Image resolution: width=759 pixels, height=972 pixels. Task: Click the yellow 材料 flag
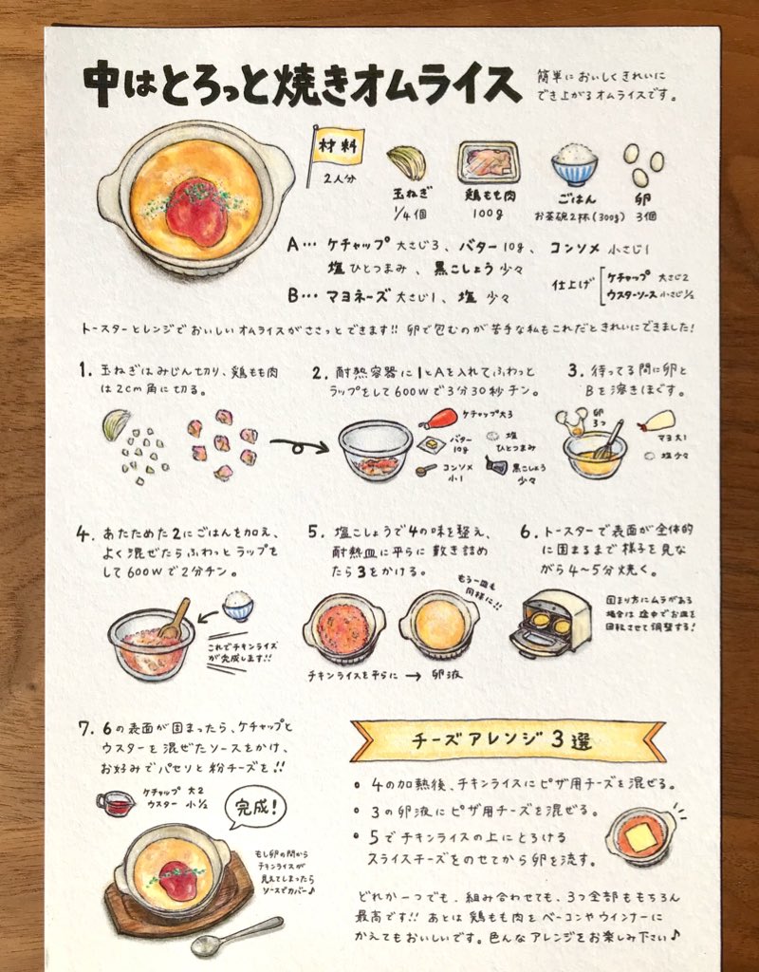click(337, 146)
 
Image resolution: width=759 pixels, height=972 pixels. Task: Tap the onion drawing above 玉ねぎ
click(405, 161)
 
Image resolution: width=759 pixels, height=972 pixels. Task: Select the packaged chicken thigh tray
click(488, 162)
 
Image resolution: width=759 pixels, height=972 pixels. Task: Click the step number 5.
click(313, 533)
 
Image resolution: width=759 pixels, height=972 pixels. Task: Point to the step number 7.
click(85, 729)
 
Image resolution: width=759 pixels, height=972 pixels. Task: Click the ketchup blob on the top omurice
click(196, 212)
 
